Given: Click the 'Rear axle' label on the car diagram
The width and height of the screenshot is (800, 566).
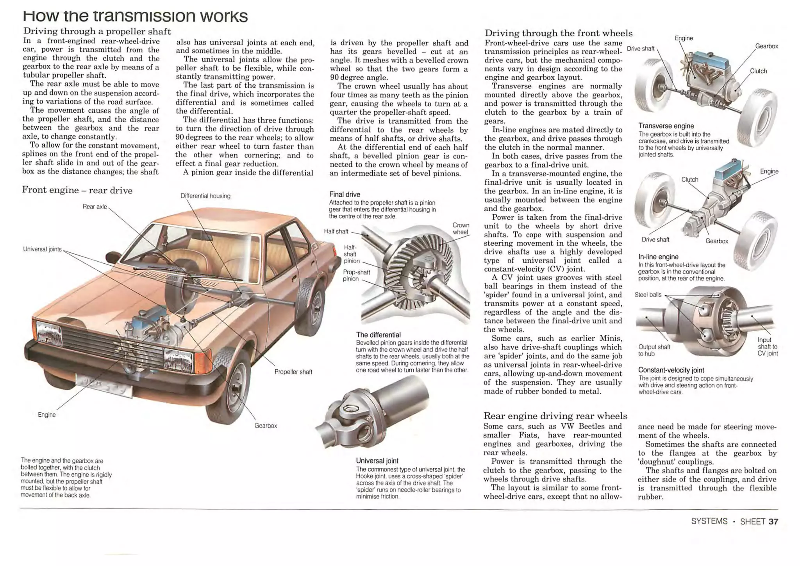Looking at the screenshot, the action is tap(95, 207).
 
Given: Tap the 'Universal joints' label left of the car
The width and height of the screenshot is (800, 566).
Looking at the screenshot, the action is tap(42, 249).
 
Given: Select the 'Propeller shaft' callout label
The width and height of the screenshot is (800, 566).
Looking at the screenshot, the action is tap(293, 372).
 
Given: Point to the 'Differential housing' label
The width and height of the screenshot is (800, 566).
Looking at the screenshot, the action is tap(205, 196).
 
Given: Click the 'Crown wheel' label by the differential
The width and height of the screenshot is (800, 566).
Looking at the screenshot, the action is tap(461, 228).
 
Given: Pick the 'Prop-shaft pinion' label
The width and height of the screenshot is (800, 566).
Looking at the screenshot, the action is tap(351, 275).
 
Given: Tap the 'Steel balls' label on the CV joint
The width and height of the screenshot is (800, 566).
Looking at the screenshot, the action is tap(648, 295).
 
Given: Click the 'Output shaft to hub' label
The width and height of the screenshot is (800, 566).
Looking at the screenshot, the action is tap(654, 350).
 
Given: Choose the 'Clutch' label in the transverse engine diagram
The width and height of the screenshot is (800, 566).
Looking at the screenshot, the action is tap(758, 71).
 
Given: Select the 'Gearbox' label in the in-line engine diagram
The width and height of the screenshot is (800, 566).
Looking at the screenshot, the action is tap(716, 241).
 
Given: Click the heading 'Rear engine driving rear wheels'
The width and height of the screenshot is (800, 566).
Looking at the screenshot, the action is tap(555, 416).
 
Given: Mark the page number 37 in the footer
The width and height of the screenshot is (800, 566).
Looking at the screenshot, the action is tap(773, 521).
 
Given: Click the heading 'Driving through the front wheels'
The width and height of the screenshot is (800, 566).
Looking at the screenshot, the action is tap(558, 33).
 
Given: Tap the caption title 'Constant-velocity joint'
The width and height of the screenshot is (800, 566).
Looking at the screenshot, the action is tap(671, 370).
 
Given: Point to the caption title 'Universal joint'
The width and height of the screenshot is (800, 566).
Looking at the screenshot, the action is tap(377, 461).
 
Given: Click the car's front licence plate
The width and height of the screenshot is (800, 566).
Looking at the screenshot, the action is tap(104, 386).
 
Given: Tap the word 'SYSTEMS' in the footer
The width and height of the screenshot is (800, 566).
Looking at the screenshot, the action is tap(709, 521).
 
